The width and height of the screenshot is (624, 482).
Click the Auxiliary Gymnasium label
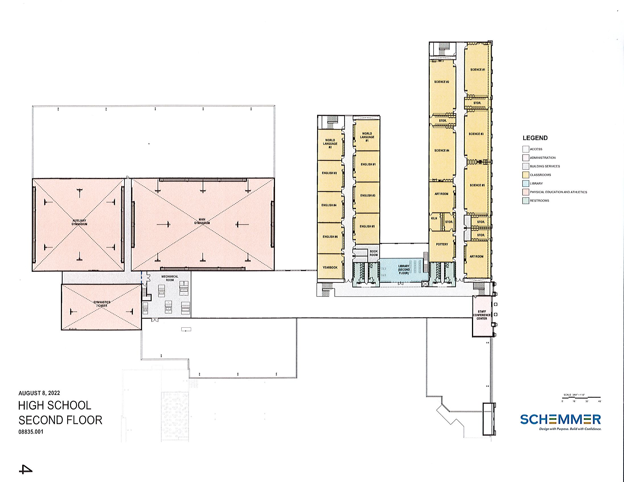pyautogui.click(x=79, y=222)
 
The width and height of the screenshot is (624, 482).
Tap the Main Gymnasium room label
pyautogui.click(x=202, y=221)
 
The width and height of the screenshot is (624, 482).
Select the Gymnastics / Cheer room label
pyautogui.click(x=102, y=304)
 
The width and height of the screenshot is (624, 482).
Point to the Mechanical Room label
pyautogui.click(x=170, y=278)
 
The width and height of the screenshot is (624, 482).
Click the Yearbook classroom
pyautogui.click(x=330, y=267)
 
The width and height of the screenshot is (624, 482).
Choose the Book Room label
pyautogui.click(x=373, y=253)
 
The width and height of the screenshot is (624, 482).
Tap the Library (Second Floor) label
pyautogui.click(x=404, y=269)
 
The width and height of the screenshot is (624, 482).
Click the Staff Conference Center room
pyautogui.click(x=482, y=315)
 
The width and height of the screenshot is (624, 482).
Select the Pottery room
pyautogui.click(x=442, y=244)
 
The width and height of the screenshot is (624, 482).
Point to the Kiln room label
pyautogui.click(x=434, y=218)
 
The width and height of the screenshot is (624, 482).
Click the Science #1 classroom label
pyautogui.click(x=478, y=70)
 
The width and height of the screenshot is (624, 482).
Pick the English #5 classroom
pyautogui.click(x=367, y=226)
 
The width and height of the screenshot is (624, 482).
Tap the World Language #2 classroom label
pyautogui.click(x=330, y=143)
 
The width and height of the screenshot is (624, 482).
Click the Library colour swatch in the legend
pyautogui.click(x=526, y=183)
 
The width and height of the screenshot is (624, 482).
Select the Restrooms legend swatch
pyautogui.click(x=526, y=200)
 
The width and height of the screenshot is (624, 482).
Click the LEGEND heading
pyautogui.click(x=535, y=138)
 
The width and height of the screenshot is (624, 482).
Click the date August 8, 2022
pyautogui.click(x=39, y=393)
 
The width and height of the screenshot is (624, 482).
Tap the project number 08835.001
pyautogui.click(x=31, y=432)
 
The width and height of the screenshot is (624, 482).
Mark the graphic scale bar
pyautogui.click(x=581, y=397)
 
